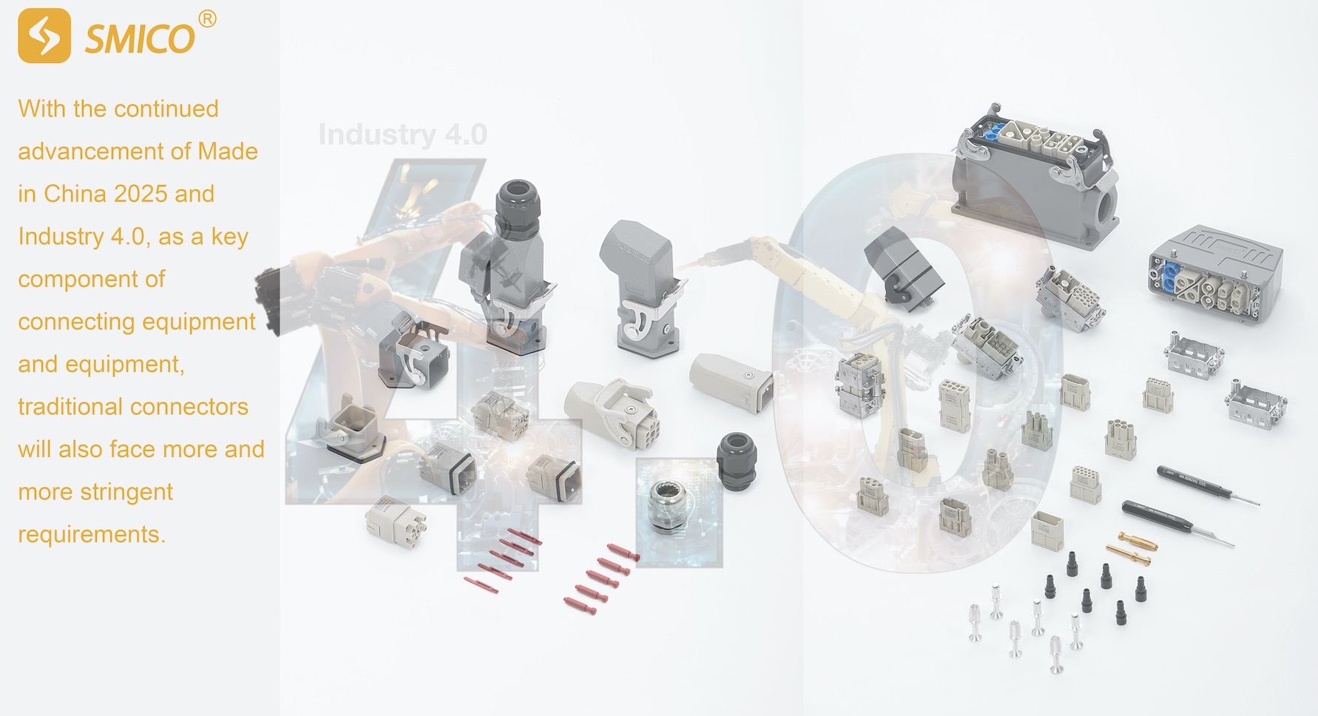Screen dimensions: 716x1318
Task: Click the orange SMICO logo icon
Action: click(x=44, y=36)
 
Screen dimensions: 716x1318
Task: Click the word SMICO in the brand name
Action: click(x=140, y=38)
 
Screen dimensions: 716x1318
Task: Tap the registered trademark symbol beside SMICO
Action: click(x=208, y=19)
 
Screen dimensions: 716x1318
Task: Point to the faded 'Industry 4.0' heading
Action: click(x=402, y=135)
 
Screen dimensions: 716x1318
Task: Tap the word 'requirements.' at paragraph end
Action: click(x=92, y=534)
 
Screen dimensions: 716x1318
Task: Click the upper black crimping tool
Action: click(x=1206, y=485)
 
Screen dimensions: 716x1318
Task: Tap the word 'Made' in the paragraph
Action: click(x=228, y=152)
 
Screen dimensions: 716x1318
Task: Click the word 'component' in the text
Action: click(x=92, y=279)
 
